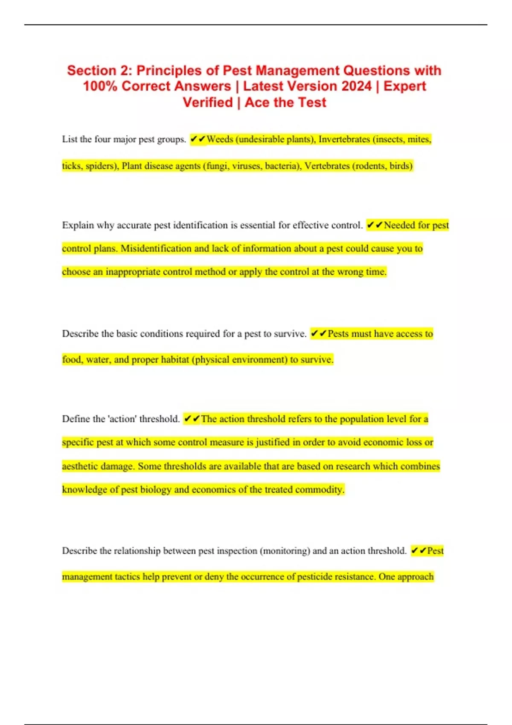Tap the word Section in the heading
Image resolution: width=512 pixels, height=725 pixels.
coord(92,70)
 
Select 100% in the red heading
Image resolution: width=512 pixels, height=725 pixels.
coord(100,86)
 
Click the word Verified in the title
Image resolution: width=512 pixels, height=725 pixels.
coord(208,102)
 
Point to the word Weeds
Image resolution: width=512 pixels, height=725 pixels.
coord(220,139)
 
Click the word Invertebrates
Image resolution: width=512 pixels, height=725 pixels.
coord(344,139)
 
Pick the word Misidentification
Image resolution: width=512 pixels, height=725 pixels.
coord(156,249)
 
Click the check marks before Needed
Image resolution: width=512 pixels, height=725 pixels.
coord(375,225)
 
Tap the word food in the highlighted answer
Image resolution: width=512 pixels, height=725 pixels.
coord(71,360)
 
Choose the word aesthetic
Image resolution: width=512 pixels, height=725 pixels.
coord(79,466)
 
